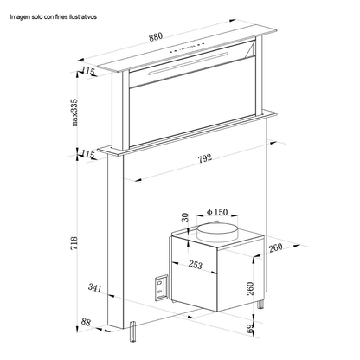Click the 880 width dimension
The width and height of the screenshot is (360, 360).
156,37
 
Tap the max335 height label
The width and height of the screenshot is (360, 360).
74,112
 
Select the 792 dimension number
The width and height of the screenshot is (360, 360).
204,158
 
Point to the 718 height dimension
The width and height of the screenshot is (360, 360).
74,243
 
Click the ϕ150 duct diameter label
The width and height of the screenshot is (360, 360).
217,212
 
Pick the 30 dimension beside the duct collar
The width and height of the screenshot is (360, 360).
185,217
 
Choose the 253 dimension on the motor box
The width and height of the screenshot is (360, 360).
196,264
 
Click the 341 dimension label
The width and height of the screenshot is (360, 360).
95,287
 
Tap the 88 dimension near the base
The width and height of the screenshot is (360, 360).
86,322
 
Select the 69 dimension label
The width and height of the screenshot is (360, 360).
250,329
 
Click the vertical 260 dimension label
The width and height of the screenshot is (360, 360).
250,288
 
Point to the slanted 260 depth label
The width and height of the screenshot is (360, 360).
275,248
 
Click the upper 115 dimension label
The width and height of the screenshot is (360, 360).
88,71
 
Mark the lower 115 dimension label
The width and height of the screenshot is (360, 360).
88,154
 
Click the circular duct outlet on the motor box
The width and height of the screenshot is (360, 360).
217,231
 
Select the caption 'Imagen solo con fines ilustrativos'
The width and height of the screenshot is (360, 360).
54,17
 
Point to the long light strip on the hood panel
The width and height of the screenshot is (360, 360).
189,63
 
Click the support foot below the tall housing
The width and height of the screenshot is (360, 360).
132,331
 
